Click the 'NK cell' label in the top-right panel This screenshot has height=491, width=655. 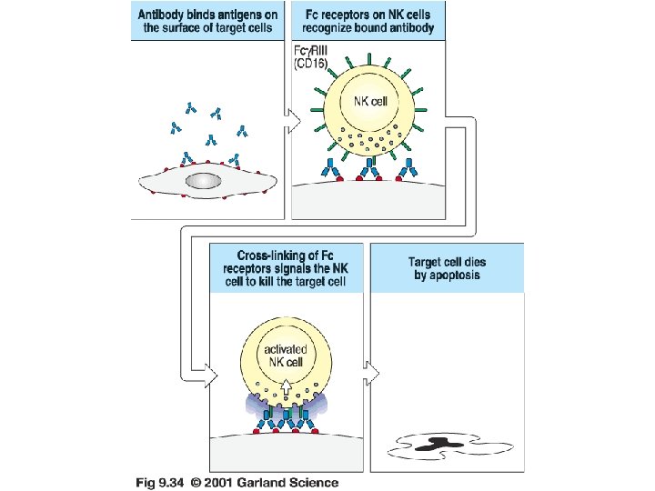pyautogui.click(x=369, y=101)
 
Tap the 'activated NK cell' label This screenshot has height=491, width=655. pyautogui.click(x=285, y=356)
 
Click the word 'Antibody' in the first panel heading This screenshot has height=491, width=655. pyautogui.click(x=162, y=15)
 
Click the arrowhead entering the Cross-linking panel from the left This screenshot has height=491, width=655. pyautogui.click(x=211, y=374)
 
